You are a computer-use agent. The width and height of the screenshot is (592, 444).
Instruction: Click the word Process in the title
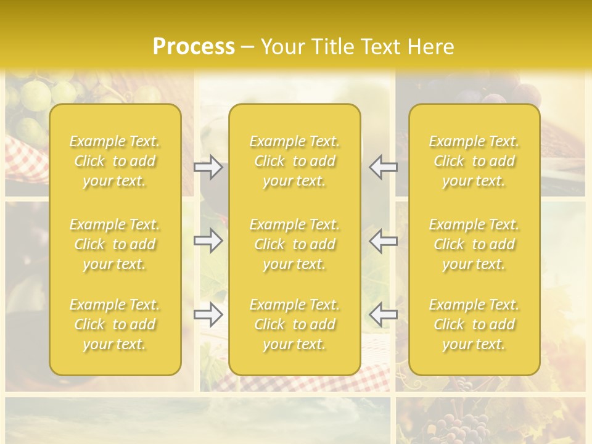coord(194,47)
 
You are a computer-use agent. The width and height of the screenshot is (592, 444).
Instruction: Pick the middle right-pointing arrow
coord(208,240)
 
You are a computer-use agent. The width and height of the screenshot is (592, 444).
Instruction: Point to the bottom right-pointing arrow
coord(208,314)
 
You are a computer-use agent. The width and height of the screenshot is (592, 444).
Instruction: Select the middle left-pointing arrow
coord(384,240)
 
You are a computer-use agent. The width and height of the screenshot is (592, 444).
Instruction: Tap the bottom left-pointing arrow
coord(384,314)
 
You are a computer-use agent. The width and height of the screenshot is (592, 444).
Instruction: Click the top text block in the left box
coord(115,161)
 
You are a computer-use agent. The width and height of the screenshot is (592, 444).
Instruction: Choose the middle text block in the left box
coord(115,244)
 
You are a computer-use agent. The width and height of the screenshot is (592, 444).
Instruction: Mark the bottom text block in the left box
coord(115,324)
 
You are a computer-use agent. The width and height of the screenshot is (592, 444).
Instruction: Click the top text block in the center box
coord(294,161)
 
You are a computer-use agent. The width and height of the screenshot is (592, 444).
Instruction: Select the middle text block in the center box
coord(294,244)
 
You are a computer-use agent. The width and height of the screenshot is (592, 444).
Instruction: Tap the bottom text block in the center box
coord(294,324)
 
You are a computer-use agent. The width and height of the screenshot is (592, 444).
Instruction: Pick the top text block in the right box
coord(474,161)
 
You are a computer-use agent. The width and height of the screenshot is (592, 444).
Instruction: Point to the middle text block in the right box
coord(474,244)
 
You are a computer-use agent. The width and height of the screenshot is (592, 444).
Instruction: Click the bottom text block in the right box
coord(474,324)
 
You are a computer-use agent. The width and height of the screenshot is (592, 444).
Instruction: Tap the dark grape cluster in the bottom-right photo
coord(469,425)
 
